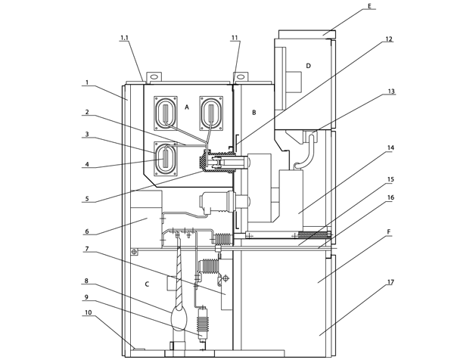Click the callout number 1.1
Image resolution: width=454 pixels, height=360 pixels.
click(125, 38)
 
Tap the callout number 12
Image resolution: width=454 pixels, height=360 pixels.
click(389, 39)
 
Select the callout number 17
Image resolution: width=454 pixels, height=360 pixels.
click(390, 282)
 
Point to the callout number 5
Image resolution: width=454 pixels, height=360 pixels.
click(87, 199)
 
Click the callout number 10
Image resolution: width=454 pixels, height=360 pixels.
click(89, 312)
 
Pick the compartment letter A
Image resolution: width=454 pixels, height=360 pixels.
click(187, 107)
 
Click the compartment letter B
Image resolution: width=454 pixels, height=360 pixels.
click(254, 112)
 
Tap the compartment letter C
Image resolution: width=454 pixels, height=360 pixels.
click(147, 284)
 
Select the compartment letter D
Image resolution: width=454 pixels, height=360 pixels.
click(309, 66)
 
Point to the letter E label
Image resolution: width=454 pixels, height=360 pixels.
click(369, 6)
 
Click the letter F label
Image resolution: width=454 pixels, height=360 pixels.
click(389, 231)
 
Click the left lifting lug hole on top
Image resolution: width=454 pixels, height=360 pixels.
click(154, 77)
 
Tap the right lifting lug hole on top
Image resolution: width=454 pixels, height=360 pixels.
click(241, 77)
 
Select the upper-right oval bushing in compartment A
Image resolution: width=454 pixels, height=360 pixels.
click(211, 113)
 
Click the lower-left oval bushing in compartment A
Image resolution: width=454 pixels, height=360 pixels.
click(166, 159)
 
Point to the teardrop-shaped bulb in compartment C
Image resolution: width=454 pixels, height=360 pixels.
click(179, 319)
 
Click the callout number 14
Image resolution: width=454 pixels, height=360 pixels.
click(390, 148)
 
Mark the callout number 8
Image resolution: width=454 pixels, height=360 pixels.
click(86, 281)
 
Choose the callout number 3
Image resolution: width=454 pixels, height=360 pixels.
click(87, 134)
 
